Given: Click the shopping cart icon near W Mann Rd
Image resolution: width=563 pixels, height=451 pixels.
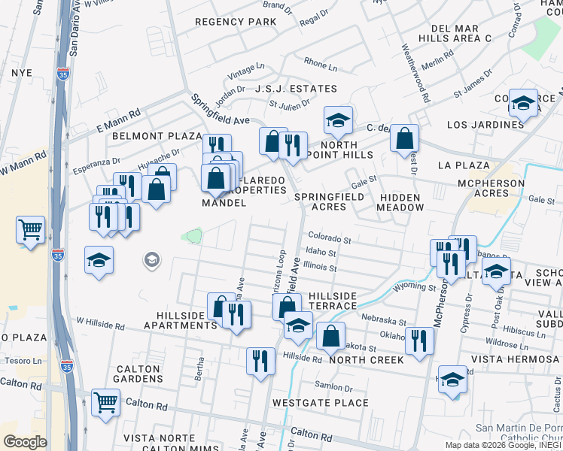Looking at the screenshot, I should pos(30,229).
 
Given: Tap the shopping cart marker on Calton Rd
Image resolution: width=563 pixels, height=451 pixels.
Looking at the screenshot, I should pos(105,401).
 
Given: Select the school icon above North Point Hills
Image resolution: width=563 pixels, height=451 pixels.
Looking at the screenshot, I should pos(339,119).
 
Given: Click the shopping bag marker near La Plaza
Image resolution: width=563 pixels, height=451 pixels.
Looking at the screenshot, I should pos(405,137).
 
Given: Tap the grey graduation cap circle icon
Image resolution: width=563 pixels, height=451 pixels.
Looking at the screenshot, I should pos(151,260).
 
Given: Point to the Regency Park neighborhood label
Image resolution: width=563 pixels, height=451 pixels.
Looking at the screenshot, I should pos(236,22).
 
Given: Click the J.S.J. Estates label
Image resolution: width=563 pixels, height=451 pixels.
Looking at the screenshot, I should pos(285,89).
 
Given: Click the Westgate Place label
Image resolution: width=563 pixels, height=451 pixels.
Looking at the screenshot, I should pos(309,403).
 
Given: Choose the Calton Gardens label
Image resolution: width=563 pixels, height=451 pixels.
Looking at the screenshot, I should pos(138,374).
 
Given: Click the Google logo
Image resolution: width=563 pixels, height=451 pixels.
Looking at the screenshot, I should pos(26,442).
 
